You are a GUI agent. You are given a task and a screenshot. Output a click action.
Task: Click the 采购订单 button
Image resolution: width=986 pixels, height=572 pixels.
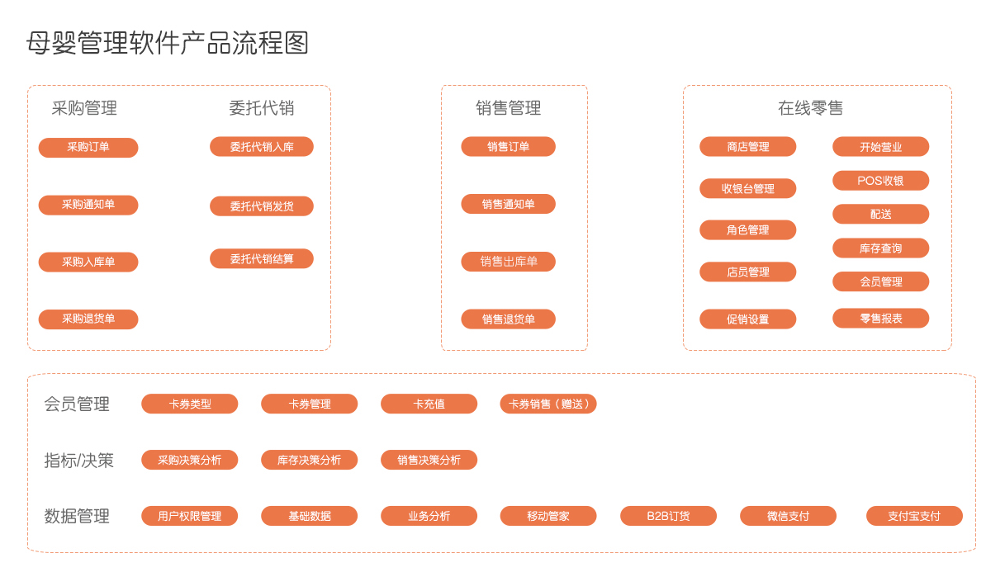click(88, 147)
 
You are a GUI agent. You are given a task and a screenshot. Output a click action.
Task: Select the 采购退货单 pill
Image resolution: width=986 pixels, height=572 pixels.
click(88, 319)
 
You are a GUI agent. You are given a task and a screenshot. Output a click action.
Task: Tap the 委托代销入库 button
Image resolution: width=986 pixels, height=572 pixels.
click(262, 147)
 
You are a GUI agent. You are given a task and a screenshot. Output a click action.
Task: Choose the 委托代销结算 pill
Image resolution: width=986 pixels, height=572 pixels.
click(262, 259)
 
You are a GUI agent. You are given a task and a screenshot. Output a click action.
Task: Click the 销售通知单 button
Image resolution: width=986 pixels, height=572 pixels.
click(508, 205)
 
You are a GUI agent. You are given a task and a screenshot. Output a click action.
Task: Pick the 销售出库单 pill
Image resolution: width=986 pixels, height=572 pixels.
click(508, 262)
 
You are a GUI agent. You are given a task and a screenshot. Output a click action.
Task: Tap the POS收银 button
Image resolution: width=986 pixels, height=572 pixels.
click(880, 181)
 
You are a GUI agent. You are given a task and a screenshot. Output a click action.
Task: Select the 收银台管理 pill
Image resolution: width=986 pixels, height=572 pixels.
click(747, 188)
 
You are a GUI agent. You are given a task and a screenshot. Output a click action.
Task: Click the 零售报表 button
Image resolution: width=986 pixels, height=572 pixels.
click(880, 319)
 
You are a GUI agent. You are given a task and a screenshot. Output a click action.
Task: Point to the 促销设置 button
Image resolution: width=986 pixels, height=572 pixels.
click(747, 319)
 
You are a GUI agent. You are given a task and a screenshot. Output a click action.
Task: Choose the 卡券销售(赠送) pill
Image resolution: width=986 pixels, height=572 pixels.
click(548, 404)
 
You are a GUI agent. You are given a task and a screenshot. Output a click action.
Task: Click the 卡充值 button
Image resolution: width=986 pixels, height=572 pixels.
click(429, 404)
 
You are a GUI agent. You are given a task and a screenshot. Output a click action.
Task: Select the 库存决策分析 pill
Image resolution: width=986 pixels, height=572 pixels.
click(310, 460)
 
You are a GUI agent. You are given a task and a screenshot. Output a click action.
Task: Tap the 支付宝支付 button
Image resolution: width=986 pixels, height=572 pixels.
click(914, 516)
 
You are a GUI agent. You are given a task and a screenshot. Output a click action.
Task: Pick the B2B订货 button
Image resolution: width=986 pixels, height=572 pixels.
click(668, 516)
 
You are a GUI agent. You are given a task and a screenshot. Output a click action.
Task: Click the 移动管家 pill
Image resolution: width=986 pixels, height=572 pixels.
click(548, 516)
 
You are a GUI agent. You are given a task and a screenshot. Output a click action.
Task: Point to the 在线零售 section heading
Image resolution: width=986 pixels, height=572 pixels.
click(811, 108)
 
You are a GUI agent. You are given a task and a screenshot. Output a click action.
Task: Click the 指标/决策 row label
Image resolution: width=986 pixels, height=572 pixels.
click(78, 461)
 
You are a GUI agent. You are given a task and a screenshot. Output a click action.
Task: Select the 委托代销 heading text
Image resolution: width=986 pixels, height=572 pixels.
click(262, 108)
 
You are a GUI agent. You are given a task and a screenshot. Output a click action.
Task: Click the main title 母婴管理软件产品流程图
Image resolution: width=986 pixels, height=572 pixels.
click(168, 44)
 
